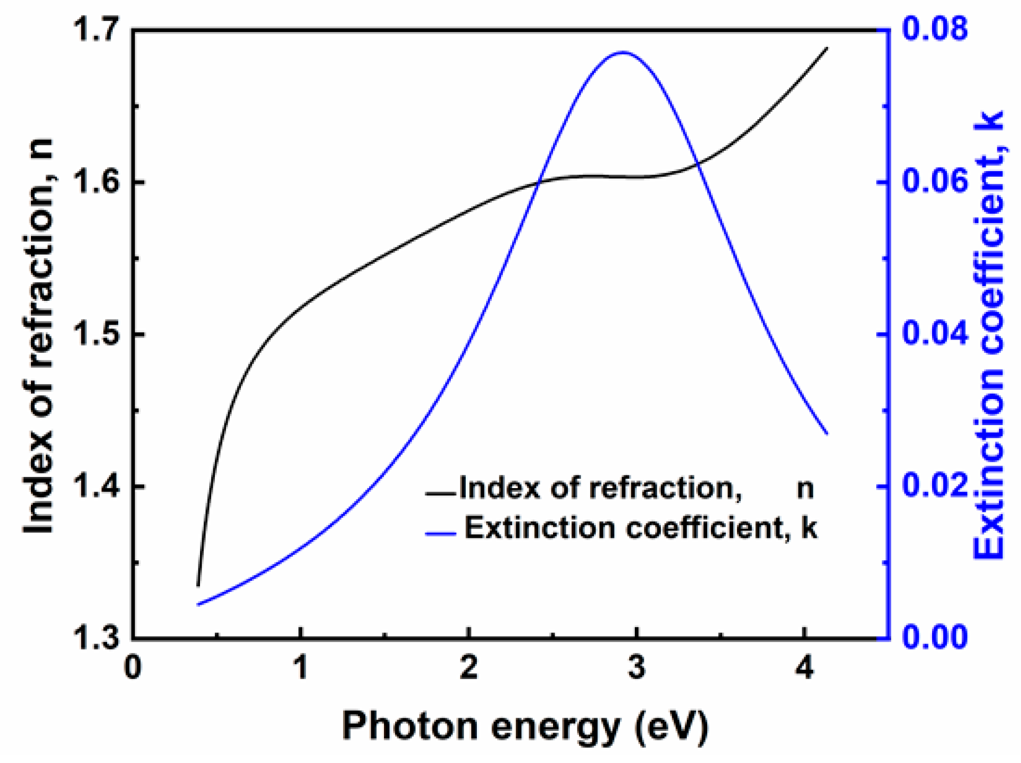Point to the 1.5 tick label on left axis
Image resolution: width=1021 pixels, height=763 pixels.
tap(97, 334)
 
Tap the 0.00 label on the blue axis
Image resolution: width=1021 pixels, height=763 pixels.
tap(935, 637)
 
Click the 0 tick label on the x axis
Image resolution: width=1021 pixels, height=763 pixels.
tap(133, 668)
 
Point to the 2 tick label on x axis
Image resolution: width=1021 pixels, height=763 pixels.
tap(469, 668)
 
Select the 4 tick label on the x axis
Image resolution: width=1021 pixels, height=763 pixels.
tap(805, 668)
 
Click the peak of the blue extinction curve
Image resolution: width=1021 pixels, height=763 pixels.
tap(623, 52)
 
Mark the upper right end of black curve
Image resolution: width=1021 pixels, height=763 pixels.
tap(827, 49)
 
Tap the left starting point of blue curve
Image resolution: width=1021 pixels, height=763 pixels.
tap(198, 605)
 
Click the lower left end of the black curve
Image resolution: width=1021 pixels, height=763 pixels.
tap(198, 585)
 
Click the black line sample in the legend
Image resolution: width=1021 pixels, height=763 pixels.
tap(440, 493)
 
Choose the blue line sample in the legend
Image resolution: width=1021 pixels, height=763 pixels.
tap(440, 533)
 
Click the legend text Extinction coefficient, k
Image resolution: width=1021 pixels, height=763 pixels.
tap(640, 528)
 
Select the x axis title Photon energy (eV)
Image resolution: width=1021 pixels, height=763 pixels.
tap(525, 725)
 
